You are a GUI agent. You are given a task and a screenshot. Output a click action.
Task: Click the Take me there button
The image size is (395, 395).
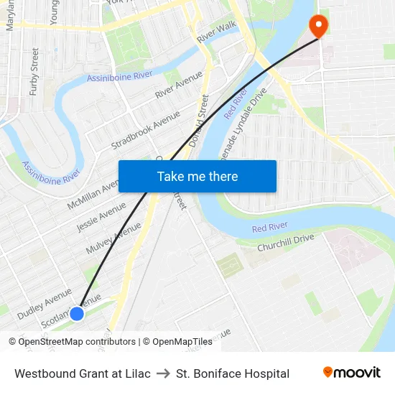(197, 177)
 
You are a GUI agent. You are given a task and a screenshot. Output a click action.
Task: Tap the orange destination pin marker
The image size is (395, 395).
(317, 26)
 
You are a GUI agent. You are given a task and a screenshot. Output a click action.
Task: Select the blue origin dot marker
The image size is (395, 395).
(77, 314)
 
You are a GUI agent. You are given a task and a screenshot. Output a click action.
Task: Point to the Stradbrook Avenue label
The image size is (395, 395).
(145, 131)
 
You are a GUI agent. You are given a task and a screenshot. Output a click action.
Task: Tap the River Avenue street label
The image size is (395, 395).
(178, 85)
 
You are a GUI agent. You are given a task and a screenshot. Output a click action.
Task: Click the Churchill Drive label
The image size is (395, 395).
(286, 242)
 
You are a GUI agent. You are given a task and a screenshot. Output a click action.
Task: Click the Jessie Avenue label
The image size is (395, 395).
(101, 216)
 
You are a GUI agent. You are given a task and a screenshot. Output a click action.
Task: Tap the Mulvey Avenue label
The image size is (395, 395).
(113, 238)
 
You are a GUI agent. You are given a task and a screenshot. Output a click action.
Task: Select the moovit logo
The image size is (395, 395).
(352, 373)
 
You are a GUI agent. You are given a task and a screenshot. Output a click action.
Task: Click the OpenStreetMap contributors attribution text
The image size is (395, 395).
(73, 342)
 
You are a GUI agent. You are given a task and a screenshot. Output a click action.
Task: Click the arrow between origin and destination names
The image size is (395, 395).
(163, 373)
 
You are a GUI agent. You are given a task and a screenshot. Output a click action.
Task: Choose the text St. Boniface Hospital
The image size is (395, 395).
(233, 373)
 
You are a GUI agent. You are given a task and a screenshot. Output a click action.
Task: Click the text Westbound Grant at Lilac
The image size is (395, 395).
(83, 373)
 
